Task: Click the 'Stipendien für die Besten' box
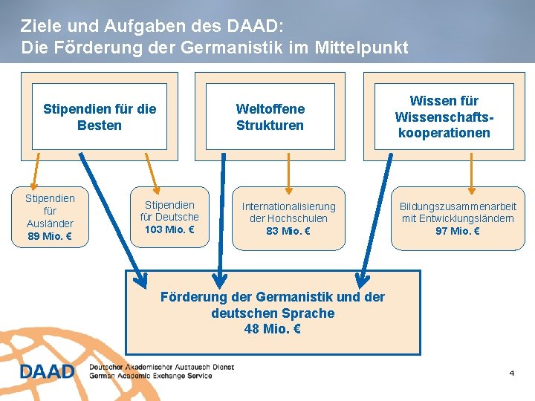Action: click(x=100, y=117)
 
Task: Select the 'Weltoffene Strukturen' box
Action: click(x=270, y=117)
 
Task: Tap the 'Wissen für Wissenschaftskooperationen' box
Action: click(x=444, y=117)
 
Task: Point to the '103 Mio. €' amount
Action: click(x=169, y=229)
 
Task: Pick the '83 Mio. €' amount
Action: click(x=288, y=231)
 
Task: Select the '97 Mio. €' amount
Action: click(x=458, y=231)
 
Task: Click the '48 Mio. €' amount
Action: click(x=273, y=329)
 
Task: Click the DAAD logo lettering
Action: click(x=47, y=371)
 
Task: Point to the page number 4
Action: click(x=511, y=372)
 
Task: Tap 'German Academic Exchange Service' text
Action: click(x=151, y=376)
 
